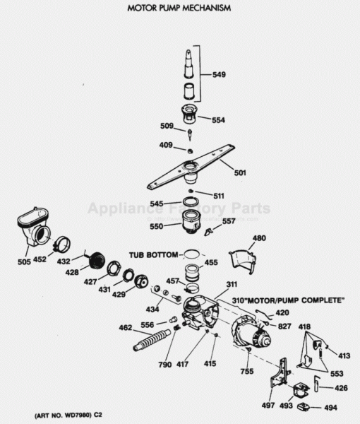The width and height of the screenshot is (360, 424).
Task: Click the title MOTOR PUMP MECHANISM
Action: [179, 8]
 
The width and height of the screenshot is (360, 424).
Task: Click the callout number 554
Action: [218, 120]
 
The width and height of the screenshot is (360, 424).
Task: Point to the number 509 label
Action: [167, 126]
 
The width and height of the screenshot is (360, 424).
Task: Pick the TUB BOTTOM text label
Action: [151, 254]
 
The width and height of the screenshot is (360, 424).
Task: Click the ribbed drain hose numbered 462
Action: [152, 338]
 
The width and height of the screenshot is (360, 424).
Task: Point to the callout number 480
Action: [259, 238]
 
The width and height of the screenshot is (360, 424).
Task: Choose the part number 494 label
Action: [330, 408]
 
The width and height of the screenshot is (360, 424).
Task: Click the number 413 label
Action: [344, 356]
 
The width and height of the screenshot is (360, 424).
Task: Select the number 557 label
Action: [229, 221]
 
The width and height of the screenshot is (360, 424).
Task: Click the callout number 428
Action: [73, 271]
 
